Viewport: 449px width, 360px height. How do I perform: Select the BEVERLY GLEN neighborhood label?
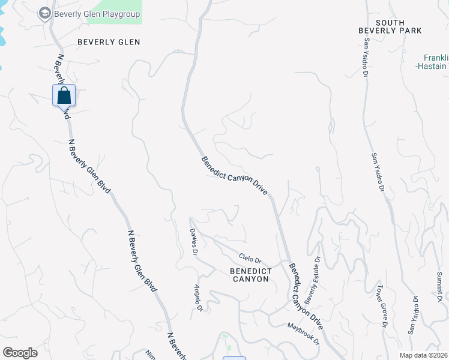click(109, 42)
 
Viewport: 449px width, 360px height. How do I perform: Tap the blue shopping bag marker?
click(64, 95)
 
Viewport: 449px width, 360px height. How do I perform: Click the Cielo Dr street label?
click(250, 259)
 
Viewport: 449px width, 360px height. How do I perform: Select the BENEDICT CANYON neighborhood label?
click(251, 275)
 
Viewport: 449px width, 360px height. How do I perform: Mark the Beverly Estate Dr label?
click(313, 278)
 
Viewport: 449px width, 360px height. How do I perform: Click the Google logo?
click(20, 353)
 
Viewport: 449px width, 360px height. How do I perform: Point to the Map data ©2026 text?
click(423, 355)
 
